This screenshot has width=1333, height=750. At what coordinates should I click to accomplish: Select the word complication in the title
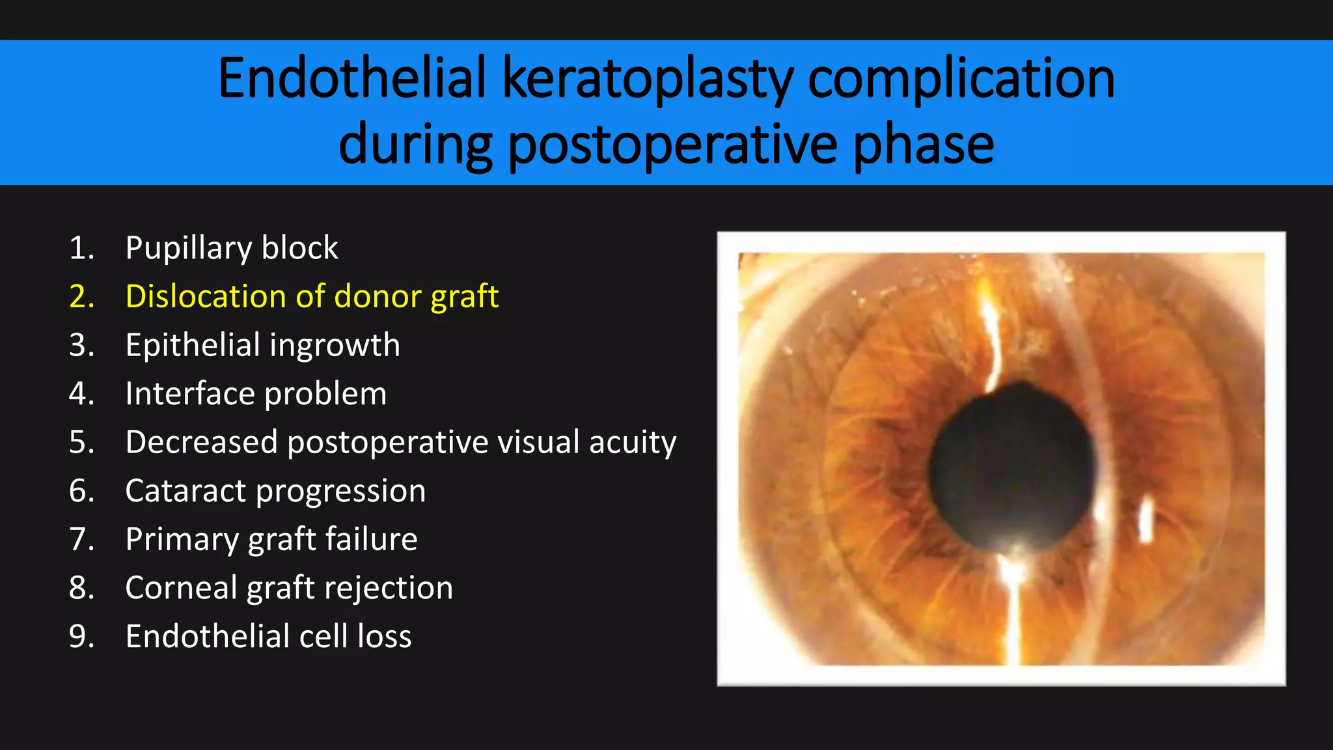961,79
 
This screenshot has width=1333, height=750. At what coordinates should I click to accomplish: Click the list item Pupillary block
231,248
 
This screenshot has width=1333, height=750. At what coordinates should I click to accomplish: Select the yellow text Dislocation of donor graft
312,296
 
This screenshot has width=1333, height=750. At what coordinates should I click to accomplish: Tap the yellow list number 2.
81,297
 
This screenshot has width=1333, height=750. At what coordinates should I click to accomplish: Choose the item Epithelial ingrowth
262,345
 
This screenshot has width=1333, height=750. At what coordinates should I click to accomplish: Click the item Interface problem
256,394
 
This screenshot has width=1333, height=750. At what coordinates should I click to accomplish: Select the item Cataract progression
275,491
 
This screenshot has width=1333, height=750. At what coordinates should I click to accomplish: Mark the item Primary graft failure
271,539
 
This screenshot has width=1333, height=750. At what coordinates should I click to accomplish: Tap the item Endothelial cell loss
268,636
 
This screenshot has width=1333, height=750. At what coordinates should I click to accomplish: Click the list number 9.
81,637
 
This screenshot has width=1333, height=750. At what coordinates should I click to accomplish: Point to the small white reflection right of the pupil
1146,519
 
